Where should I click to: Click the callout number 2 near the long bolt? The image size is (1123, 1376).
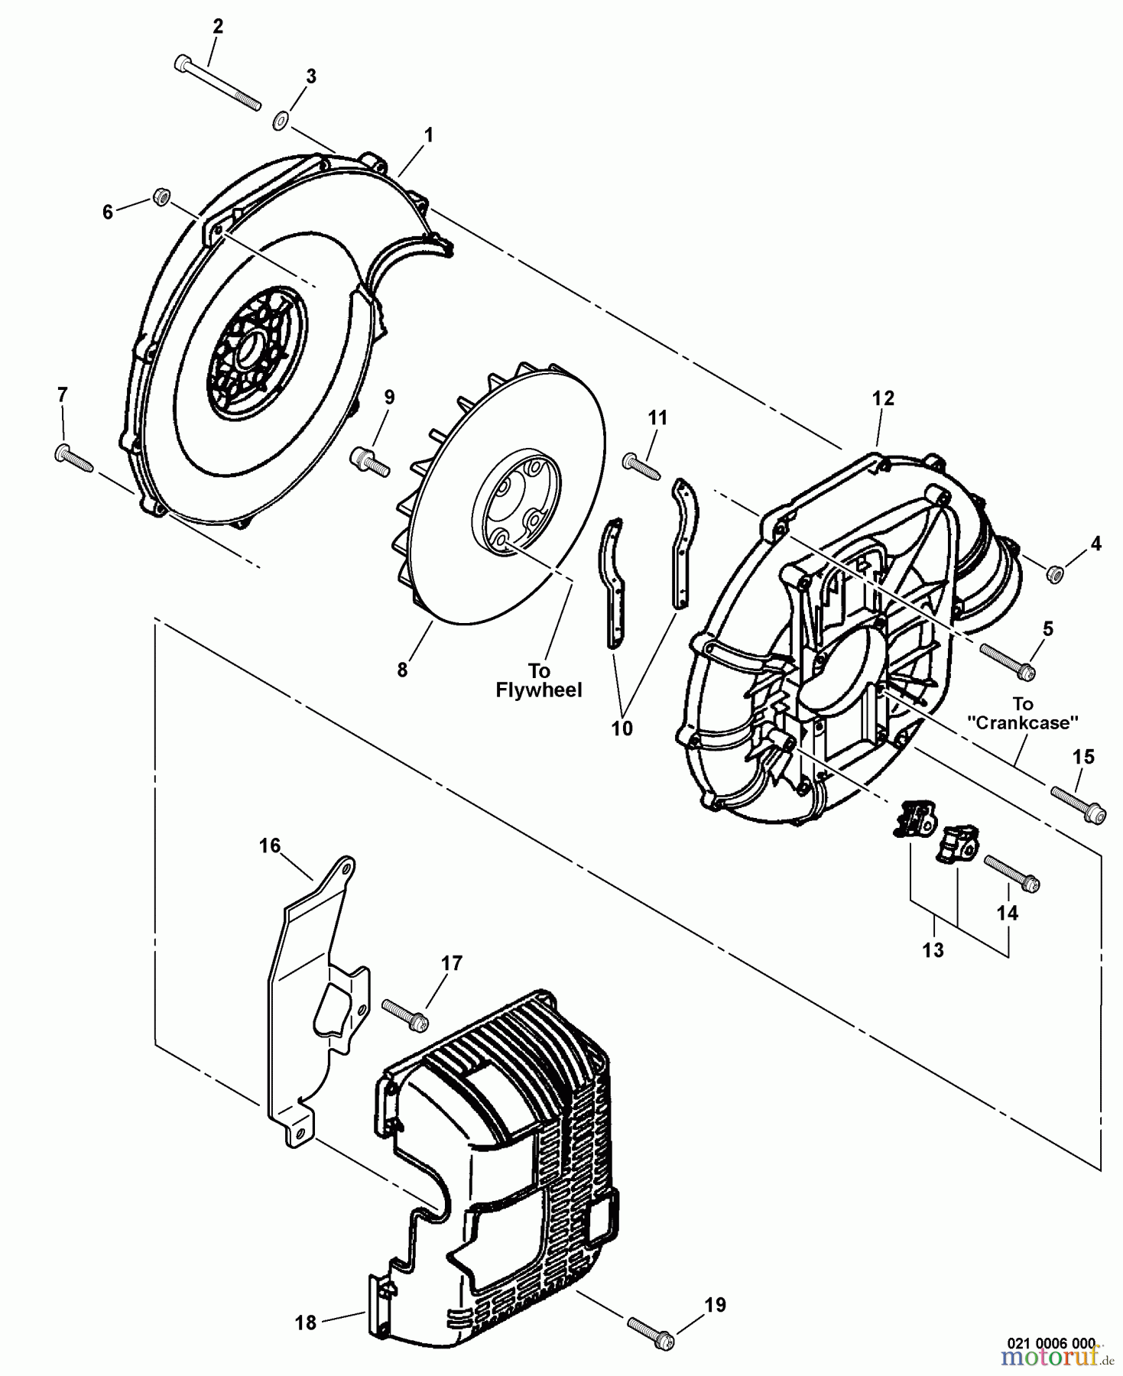(x=218, y=27)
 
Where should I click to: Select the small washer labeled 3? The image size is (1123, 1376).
(x=281, y=119)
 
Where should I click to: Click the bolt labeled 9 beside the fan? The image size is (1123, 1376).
(x=371, y=461)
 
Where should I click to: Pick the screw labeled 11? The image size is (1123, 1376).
(x=641, y=465)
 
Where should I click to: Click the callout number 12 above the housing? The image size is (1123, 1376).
(x=882, y=399)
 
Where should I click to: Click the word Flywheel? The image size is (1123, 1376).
(x=539, y=690)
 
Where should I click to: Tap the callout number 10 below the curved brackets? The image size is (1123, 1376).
(x=622, y=729)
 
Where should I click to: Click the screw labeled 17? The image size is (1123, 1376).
(x=405, y=1014)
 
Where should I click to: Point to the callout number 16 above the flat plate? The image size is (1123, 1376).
(x=269, y=845)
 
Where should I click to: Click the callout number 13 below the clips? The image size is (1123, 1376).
(x=933, y=950)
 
